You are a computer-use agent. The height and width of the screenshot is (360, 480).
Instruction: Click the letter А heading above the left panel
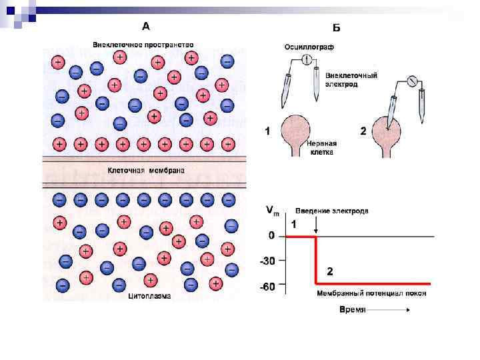click(x=146, y=26)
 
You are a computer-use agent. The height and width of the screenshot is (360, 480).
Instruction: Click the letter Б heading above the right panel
click(x=337, y=27)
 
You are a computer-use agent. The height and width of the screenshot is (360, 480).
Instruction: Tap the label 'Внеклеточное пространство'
click(x=143, y=45)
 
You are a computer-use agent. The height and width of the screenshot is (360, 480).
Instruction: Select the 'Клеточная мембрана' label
click(x=147, y=171)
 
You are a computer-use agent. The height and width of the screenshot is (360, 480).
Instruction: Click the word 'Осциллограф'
click(x=309, y=47)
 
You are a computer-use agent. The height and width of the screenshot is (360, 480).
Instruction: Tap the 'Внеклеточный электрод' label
click(x=351, y=80)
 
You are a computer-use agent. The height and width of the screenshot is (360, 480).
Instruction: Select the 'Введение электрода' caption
click(x=332, y=211)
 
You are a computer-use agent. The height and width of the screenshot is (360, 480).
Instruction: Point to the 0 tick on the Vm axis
click(x=271, y=236)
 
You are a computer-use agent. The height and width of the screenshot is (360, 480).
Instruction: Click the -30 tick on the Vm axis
click(x=267, y=261)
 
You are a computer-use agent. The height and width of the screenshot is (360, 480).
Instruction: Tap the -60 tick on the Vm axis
click(x=267, y=287)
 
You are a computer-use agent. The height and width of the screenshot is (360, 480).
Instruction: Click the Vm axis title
click(x=273, y=211)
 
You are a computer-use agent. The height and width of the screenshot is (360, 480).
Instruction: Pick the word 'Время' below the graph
click(x=351, y=310)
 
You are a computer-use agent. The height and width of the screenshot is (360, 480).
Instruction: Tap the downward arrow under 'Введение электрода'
click(x=315, y=227)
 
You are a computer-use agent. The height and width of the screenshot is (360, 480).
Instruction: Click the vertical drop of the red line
click(x=315, y=260)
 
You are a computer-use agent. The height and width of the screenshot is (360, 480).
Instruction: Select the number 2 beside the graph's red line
click(x=329, y=271)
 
